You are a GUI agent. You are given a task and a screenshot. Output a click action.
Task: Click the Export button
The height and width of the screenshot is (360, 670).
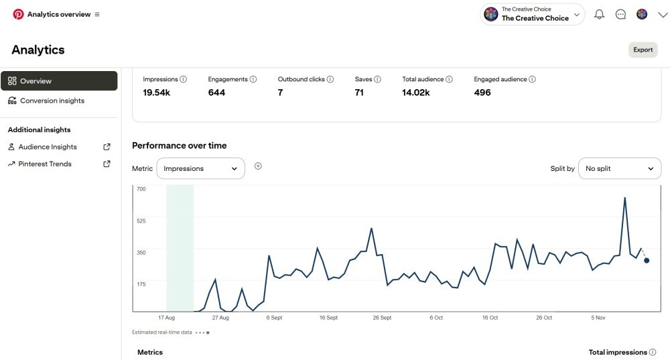pos(643,50)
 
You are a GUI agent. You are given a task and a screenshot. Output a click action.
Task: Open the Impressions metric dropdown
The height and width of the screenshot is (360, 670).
pos(200,169)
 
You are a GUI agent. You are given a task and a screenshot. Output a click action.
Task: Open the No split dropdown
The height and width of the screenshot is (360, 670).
pos(619,169)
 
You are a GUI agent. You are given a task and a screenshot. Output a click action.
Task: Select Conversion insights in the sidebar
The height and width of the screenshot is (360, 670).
pos(52,101)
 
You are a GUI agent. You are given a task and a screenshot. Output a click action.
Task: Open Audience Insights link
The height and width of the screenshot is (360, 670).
pos(48,147)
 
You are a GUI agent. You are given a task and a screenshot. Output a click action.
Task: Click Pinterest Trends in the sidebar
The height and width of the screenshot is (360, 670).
pos(46,164)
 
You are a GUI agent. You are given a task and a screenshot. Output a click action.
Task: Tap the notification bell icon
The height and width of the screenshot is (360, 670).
pos(599,15)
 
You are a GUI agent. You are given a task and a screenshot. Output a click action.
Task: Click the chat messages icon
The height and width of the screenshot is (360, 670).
pos(620,15)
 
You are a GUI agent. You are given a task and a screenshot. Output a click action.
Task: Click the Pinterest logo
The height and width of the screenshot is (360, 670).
pos(18,14)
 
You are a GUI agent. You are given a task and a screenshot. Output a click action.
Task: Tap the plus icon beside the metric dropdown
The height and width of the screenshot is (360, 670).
pos(258,166)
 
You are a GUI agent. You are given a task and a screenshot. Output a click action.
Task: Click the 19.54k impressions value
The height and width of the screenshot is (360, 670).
pos(156,93)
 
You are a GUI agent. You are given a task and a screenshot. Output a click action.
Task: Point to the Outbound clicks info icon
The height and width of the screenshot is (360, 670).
pos(330,79)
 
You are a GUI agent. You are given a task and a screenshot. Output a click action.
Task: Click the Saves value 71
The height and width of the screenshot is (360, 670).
pos(359,93)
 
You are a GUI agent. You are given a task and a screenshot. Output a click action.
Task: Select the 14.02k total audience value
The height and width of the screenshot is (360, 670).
pos(415,93)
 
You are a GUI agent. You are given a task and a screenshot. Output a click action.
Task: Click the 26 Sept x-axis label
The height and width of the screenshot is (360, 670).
pos(381,317)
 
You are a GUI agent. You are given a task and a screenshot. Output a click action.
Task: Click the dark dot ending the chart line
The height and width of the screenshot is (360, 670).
pos(647,260)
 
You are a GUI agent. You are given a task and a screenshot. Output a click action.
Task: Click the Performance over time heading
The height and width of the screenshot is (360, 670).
pos(179,145)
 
